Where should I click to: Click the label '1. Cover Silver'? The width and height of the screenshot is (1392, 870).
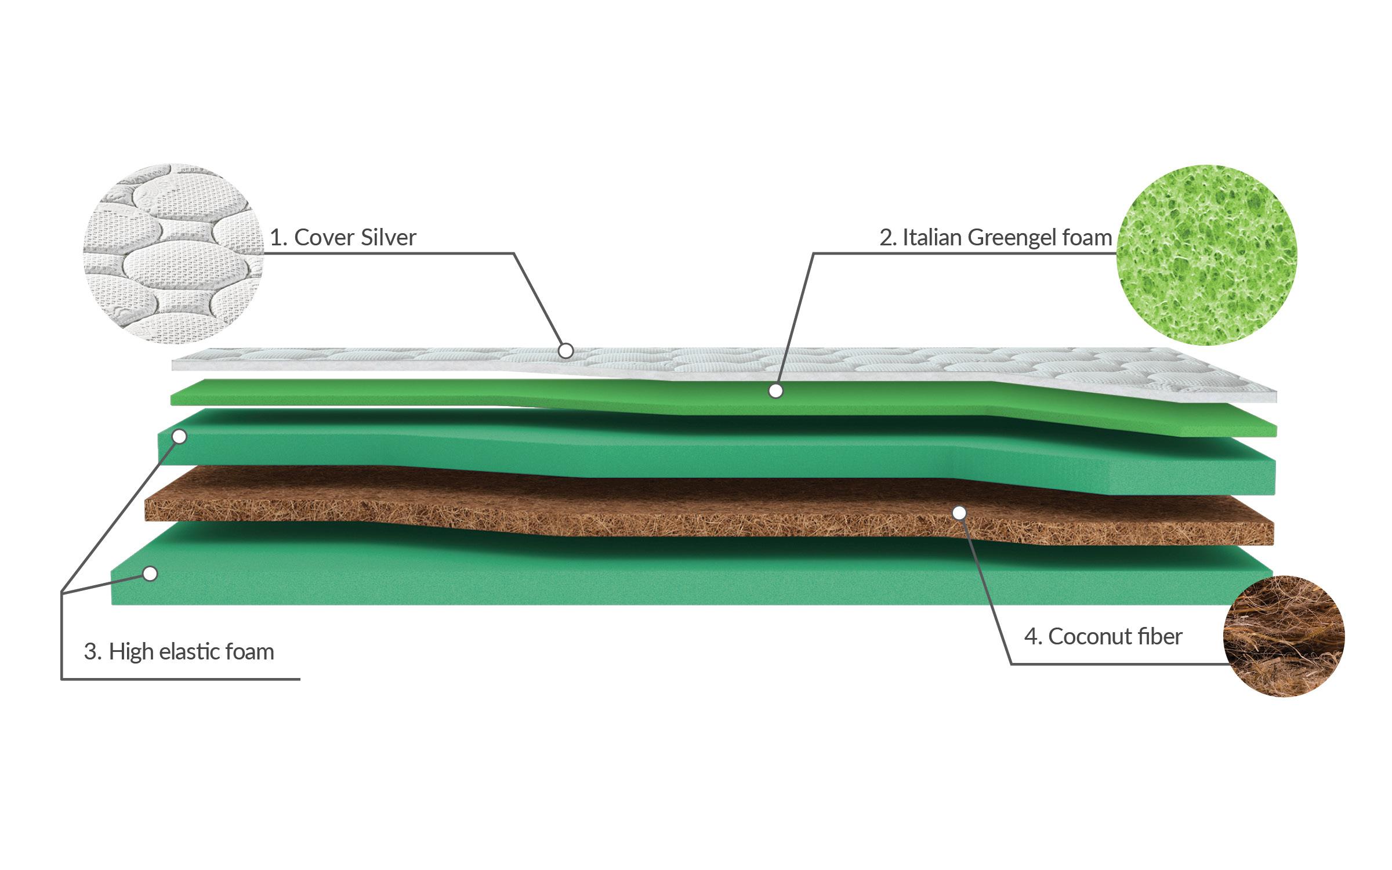343,238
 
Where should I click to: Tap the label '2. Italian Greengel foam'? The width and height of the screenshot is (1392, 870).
995,238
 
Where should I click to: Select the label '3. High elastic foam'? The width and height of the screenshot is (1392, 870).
179,652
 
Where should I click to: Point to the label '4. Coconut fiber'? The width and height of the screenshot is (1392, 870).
1103,637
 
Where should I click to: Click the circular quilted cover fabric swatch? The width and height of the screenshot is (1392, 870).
173,253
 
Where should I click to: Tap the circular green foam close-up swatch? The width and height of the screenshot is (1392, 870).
1207,255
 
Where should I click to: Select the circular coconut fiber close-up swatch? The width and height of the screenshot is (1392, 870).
1283,636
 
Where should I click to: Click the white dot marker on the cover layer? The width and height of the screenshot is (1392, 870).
565,350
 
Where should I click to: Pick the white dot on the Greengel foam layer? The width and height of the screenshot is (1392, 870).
775,391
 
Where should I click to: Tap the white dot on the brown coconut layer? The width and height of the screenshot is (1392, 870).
959,513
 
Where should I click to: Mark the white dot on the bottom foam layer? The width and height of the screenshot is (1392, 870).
150,574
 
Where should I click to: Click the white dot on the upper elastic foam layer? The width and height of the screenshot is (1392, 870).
180,436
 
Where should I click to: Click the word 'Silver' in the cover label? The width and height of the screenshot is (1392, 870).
388,238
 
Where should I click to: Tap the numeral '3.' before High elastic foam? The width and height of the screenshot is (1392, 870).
93,652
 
